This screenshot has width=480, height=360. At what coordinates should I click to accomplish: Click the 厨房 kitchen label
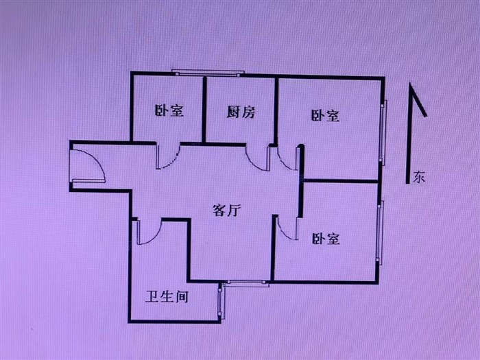coord(241,112)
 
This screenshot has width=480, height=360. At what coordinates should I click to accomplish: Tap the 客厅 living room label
coord(226,211)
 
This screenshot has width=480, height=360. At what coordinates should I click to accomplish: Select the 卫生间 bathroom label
coord(167,297)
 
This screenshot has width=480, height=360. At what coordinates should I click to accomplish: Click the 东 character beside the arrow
coord(419,177)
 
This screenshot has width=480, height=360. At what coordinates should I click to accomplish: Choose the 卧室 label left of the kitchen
coord(169,110)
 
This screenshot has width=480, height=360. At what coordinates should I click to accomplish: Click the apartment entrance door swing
coord(88,167)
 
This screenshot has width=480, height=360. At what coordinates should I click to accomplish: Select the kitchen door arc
coord(259,158)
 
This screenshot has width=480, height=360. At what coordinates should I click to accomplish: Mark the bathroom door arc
coord(148,232)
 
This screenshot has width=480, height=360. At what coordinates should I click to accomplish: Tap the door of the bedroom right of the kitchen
coord(288,158)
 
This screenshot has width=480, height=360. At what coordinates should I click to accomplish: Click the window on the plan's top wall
coord(208,71)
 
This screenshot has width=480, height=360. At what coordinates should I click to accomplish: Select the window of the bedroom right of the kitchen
coord(384,133)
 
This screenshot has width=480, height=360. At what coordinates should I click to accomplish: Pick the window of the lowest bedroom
coord(379,233)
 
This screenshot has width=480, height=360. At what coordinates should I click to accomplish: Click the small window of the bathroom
coord(220,302)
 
